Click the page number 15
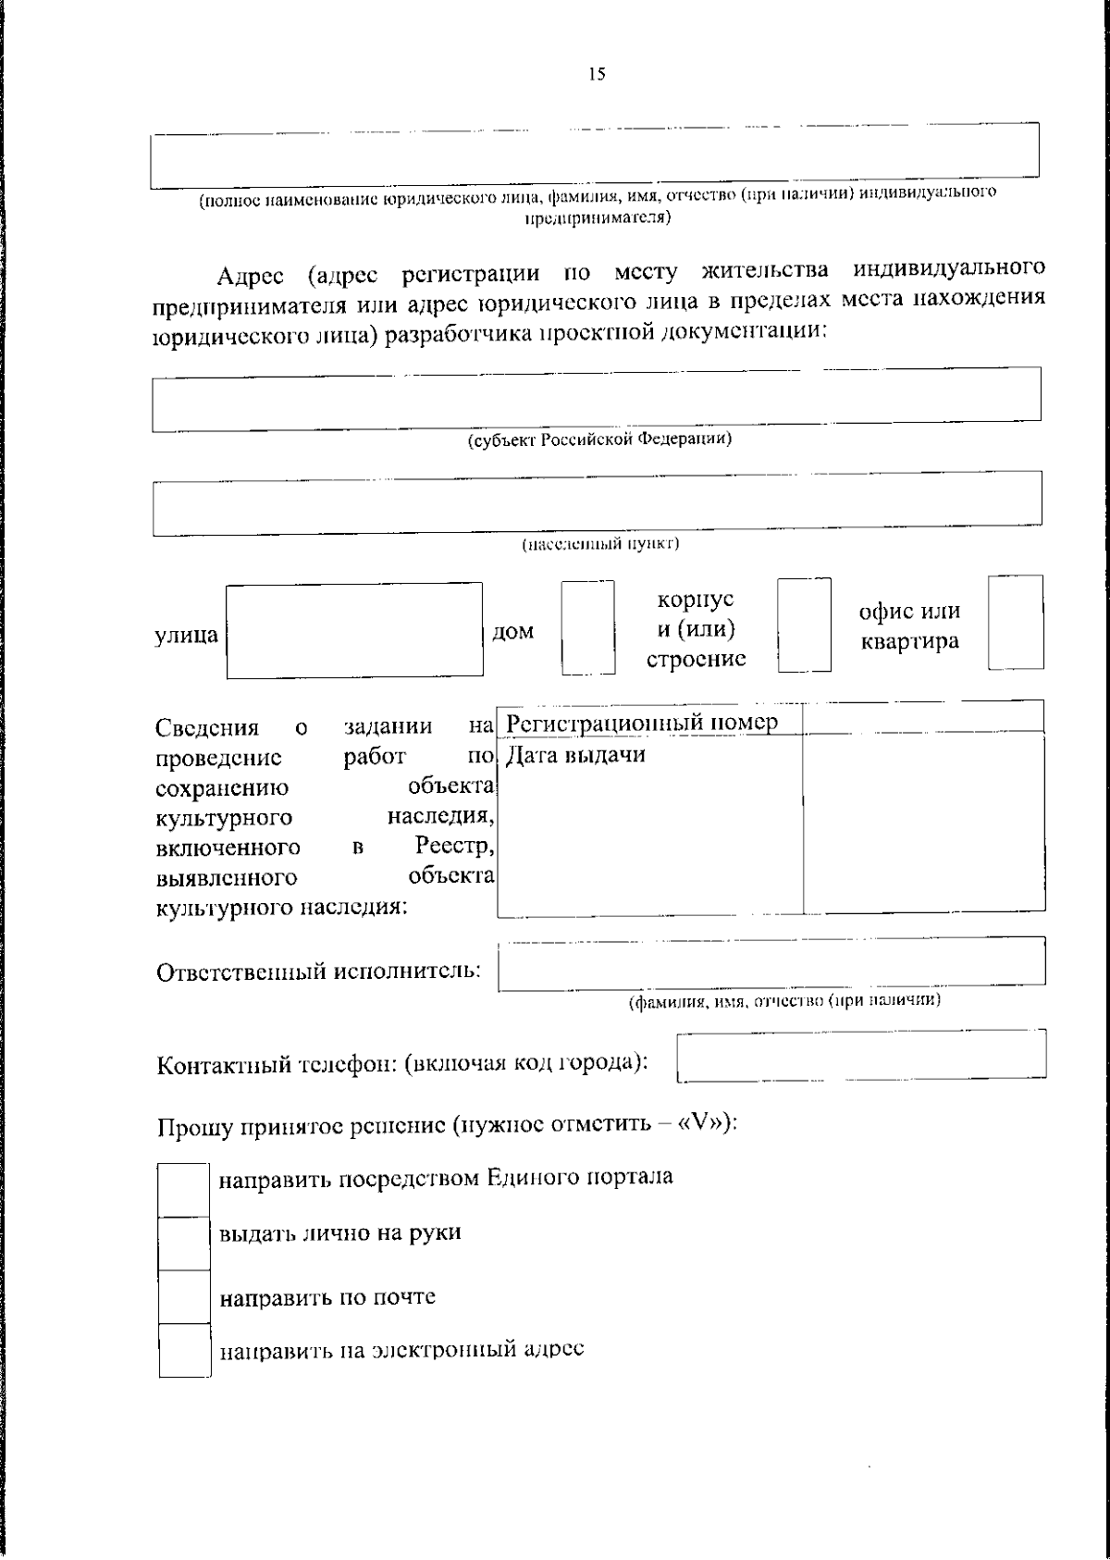click(597, 75)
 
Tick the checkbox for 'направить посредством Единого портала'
click(183, 1190)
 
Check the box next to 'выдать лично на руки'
click(183, 1243)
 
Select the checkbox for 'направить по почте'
click(183, 1296)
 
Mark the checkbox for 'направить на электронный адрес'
click(183, 1350)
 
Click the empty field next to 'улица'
click(354, 630)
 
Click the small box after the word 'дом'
click(588, 626)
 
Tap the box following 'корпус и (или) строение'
click(804, 625)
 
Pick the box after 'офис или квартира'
click(1015, 622)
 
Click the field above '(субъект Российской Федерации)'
click(597, 399)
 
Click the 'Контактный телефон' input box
click(861, 1055)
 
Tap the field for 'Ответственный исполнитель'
click(771, 963)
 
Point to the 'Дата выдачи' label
click(575, 755)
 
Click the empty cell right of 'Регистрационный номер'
click(922, 719)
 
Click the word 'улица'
click(186, 635)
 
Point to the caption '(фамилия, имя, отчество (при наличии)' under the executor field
click(784, 1001)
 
